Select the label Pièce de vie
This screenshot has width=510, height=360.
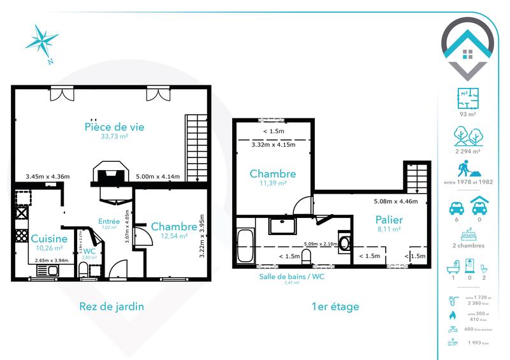[x=115, y=127]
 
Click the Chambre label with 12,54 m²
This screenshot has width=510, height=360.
[x=173, y=227]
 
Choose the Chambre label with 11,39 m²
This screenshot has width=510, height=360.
[x=272, y=174]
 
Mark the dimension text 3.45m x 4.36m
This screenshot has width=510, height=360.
[x=48, y=176]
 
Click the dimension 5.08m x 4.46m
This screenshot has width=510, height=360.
[x=395, y=202]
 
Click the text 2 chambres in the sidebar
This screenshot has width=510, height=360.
[x=469, y=245]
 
